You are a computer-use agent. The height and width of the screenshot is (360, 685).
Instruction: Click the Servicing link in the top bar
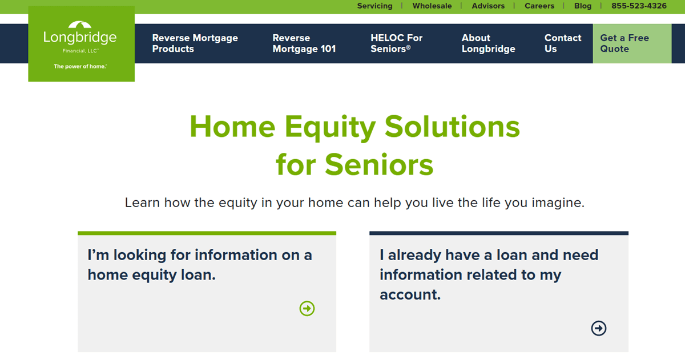(x=374, y=6)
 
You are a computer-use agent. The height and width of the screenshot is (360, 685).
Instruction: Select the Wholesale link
(x=432, y=6)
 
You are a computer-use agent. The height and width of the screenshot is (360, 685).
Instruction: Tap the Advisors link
(x=488, y=6)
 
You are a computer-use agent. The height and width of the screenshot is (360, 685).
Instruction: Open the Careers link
(x=539, y=6)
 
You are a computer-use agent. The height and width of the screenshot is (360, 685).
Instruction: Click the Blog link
(x=583, y=6)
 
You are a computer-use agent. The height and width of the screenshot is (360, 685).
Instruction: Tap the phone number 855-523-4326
(x=639, y=6)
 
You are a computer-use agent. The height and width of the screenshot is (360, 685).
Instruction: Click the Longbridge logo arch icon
(x=80, y=25)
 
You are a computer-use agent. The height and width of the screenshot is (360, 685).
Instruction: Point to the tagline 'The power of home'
(x=80, y=66)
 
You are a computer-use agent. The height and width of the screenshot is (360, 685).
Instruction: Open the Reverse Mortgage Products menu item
(x=195, y=43)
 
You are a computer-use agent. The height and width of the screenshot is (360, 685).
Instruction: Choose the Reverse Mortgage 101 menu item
(x=304, y=43)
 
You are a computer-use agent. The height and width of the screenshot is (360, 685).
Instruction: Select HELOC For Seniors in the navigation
(x=396, y=43)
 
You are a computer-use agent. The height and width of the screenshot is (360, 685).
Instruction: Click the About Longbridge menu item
(x=489, y=43)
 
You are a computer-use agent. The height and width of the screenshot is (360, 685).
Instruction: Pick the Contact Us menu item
(x=563, y=43)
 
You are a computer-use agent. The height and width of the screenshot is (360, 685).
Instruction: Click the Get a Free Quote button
(x=632, y=43)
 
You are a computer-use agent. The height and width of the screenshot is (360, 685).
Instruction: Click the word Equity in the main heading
(x=330, y=127)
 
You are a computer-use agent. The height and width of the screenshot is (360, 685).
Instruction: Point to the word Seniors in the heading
(x=379, y=165)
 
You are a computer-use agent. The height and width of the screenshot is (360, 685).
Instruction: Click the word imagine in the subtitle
(x=558, y=203)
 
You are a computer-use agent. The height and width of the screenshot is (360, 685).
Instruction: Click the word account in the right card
(x=410, y=295)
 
